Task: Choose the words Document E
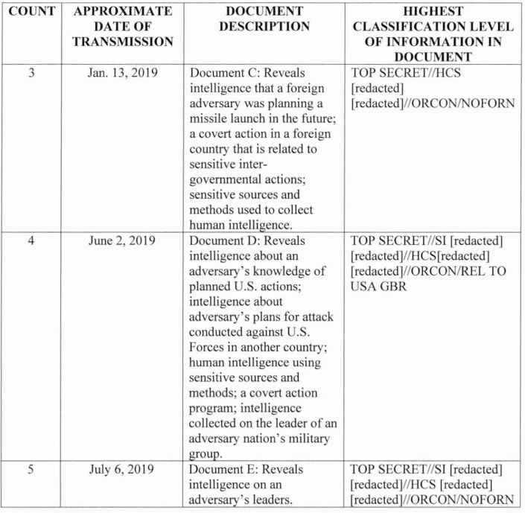[220, 469]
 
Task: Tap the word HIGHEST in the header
[433, 13]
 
